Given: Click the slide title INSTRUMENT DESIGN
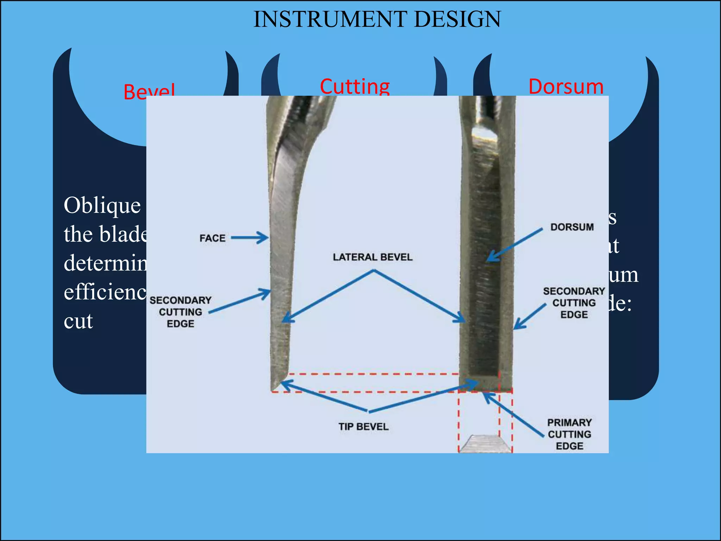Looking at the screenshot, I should tap(377, 19).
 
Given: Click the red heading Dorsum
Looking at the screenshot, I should tap(566, 87).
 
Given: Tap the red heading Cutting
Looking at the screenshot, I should tap(355, 87).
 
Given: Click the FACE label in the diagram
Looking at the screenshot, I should tap(212, 238).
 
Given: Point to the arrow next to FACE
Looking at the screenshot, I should tap(249, 238).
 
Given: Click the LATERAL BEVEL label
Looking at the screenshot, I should tap(372, 257).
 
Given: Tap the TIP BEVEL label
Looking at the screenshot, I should tap(363, 427).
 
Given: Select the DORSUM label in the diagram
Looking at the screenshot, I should tap(572, 227).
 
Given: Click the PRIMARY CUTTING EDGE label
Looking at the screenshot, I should tap(569, 434).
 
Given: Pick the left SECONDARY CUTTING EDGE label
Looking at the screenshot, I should tap(180, 312).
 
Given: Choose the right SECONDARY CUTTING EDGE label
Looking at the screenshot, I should tap(574, 303).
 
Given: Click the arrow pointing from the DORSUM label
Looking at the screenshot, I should tap(514, 245).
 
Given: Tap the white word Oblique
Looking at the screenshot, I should tap(102, 205).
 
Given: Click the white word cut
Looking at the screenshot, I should tap(78, 321).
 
